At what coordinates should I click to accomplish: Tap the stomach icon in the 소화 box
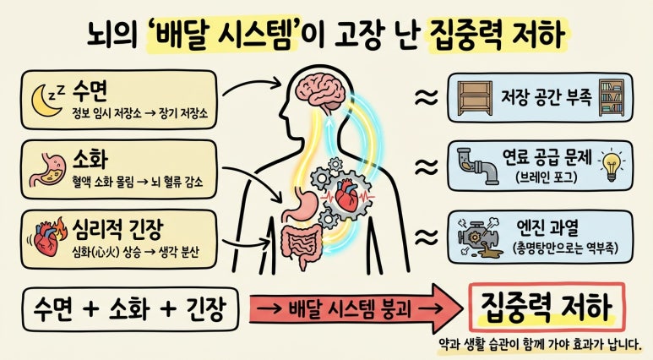pyautogui.click(x=48, y=170)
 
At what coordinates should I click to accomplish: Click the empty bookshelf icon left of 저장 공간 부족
pyautogui.click(x=475, y=98)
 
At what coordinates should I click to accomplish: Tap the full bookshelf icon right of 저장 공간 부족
pyautogui.click(x=612, y=98)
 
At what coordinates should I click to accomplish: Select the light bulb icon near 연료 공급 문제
pyautogui.click(x=612, y=164)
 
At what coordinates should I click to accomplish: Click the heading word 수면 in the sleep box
pyautogui.click(x=90, y=91)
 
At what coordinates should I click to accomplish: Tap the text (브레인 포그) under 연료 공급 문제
pyautogui.click(x=547, y=177)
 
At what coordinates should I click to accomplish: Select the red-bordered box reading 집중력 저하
pyautogui.click(x=547, y=307)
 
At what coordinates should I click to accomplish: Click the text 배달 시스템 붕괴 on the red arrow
pyautogui.click(x=350, y=309)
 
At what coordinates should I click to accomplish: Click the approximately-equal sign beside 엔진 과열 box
pyautogui.click(x=427, y=237)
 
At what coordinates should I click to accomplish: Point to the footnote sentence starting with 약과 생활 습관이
pyautogui.click(x=540, y=344)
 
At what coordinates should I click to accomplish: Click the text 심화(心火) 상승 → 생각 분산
pyautogui.click(x=135, y=252)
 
